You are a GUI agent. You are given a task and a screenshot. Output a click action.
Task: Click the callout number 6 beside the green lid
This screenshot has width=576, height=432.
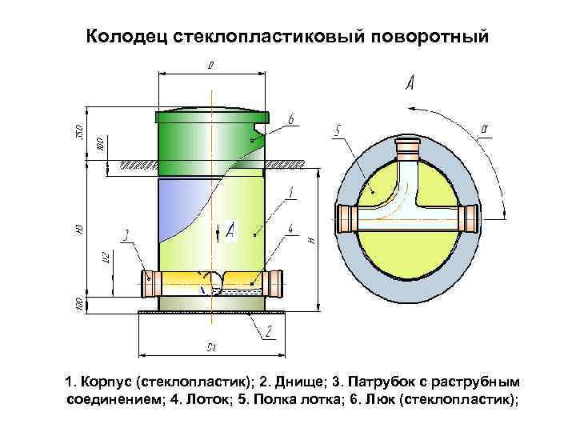click(x=291, y=119)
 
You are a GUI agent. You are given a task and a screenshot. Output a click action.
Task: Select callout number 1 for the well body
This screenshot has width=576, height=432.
click(x=290, y=192)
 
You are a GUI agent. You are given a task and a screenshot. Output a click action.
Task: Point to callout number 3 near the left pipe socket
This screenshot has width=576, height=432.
click(x=126, y=235)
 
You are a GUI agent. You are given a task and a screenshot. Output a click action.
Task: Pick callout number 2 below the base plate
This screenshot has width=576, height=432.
click(x=270, y=330)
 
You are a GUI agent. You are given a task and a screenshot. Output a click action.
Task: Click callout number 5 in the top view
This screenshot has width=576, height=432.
click(x=338, y=130)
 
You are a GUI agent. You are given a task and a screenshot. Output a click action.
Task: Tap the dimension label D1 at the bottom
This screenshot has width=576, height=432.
click(x=211, y=347)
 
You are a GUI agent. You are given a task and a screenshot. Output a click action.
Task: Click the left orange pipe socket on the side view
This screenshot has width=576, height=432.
click(x=150, y=282)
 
